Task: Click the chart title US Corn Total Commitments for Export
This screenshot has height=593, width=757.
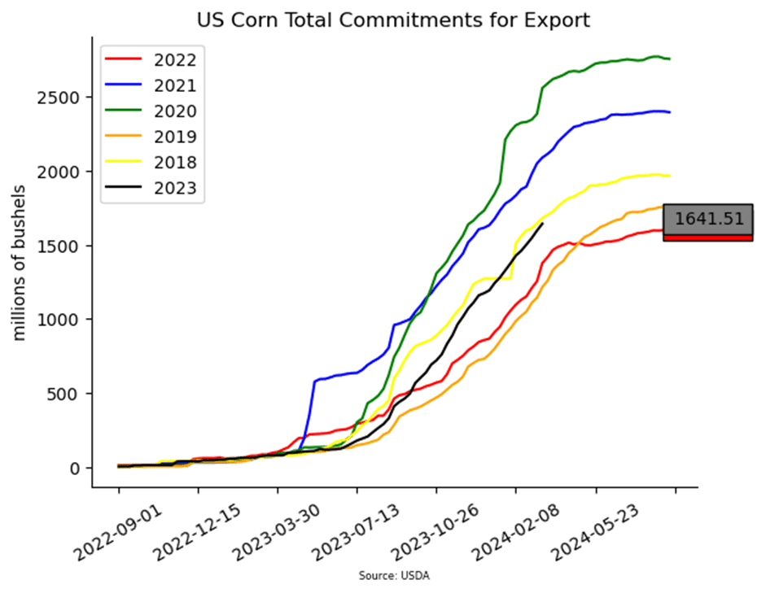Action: [393, 20]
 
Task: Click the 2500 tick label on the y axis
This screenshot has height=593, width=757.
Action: [58, 98]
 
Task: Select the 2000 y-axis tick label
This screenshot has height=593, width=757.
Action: [58, 172]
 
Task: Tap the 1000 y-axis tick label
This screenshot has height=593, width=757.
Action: [58, 320]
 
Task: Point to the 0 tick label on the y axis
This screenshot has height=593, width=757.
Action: [74, 469]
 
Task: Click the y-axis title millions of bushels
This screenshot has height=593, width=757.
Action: [20, 263]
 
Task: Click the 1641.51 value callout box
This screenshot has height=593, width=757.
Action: [708, 222]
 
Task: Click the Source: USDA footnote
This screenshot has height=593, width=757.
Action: [394, 576]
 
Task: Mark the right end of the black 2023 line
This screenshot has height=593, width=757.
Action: [543, 224]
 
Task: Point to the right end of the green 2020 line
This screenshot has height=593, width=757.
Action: [670, 59]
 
